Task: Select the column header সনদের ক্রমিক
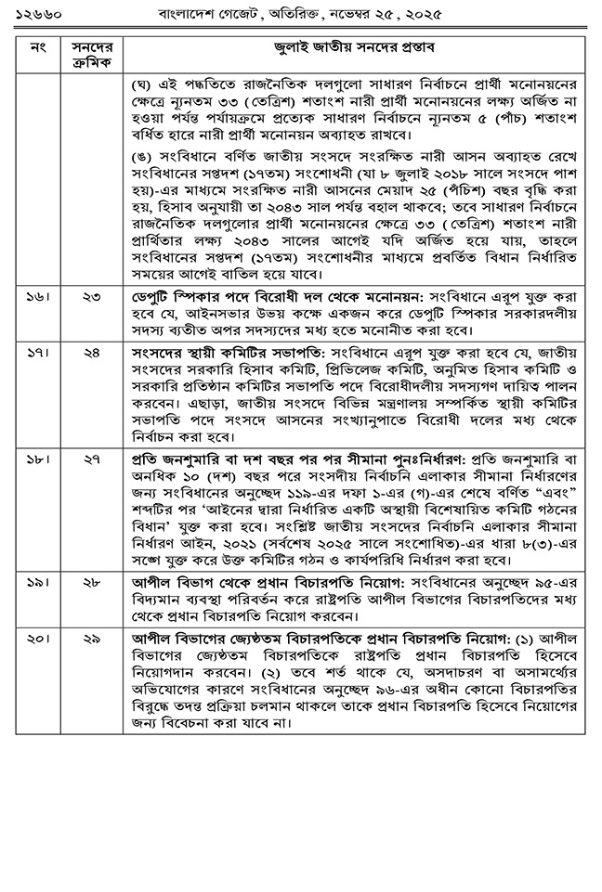point(91,53)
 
